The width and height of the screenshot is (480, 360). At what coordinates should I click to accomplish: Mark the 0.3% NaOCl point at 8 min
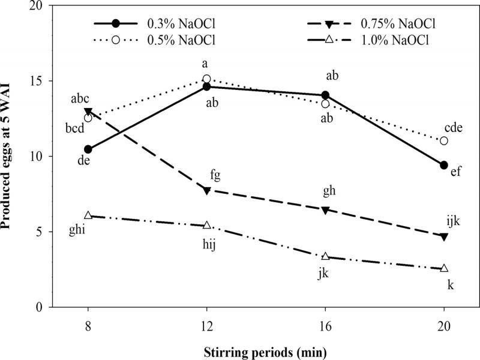pyautogui.click(x=88, y=149)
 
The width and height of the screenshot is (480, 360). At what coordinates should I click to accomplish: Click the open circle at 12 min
pyautogui.click(x=206, y=79)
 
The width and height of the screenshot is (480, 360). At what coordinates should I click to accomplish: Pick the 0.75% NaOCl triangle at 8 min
pyautogui.click(x=88, y=112)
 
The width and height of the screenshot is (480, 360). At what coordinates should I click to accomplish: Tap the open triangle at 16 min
pyautogui.click(x=325, y=256)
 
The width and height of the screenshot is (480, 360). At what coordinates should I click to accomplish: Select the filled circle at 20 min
pyautogui.click(x=444, y=165)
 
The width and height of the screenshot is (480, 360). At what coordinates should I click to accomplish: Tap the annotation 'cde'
pyautogui.click(x=453, y=127)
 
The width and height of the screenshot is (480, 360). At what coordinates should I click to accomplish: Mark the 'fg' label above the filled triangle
pyautogui.click(x=215, y=175)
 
